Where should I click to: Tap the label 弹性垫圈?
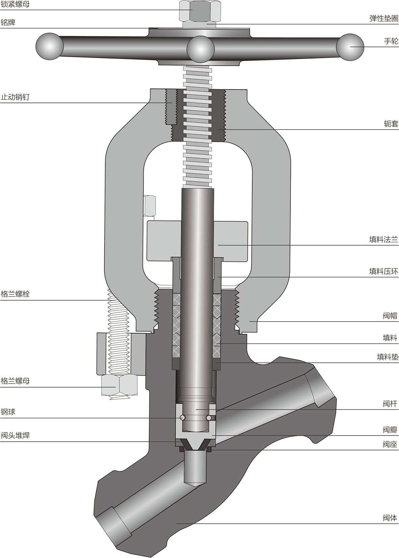pyautogui.click(x=384, y=19)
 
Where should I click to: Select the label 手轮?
pyautogui.click(x=391, y=41)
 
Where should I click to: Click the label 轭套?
pyautogui.click(x=391, y=123)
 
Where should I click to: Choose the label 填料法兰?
pyautogui.click(x=384, y=240)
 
